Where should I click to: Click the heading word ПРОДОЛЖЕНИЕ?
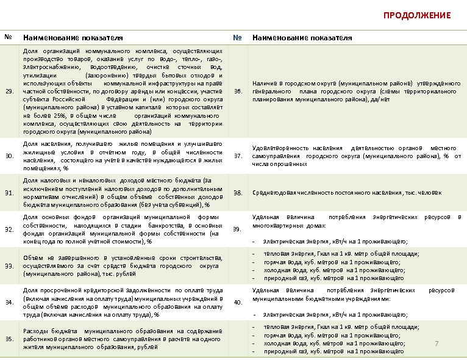(416, 15)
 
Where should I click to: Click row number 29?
(9, 91)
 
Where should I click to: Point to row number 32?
(9, 229)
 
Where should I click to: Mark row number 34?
(9, 302)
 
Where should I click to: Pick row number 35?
(9, 339)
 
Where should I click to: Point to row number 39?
(238, 229)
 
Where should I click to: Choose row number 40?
(238, 302)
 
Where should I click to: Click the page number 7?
(437, 344)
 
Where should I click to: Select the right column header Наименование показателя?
(302, 38)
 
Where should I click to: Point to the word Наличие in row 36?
(265, 83)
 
